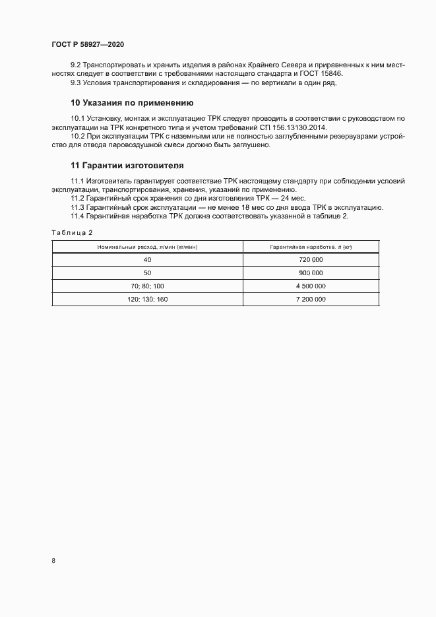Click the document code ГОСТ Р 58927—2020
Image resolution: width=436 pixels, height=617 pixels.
pyautogui.click(x=87, y=44)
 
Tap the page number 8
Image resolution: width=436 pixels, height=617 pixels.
pyautogui.click(x=53, y=561)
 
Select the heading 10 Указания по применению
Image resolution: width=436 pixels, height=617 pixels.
pyautogui.click(x=131, y=103)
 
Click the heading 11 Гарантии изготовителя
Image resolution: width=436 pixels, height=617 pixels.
pyautogui.click(x=127, y=164)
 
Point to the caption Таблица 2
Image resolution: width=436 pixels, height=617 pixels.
pyautogui.click(x=72, y=232)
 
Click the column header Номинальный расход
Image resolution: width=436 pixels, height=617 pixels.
pyautogui.click(x=147, y=247)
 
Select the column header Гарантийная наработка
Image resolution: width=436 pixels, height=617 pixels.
pyautogui.click(x=311, y=247)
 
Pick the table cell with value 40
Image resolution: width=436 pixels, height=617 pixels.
pyautogui.click(x=147, y=260)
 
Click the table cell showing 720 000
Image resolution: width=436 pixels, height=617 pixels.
pyautogui.click(x=311, y=260)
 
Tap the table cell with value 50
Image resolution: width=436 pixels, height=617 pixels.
pyautogui.click(x=147, y=273)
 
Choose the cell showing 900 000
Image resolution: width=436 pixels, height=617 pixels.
pyautogui.click(x=311, y=273)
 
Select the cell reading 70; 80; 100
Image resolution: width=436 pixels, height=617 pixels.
pyautogui.click(x=147, y=286)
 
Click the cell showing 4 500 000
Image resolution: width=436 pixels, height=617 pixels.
pyautogui.click(x=311, y=286)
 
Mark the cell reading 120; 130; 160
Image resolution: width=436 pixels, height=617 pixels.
pyautogui.click(x=147, y=299)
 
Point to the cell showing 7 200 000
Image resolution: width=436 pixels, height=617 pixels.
pyautogui.click(x=311, y=299)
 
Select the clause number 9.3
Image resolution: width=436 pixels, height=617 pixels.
pyautogui.click(x=76, y=82)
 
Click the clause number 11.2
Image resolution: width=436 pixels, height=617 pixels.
pyautogui.click(x=77, y=199)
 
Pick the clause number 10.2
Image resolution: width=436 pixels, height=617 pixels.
pyautogui.click(x=77, y=136)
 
